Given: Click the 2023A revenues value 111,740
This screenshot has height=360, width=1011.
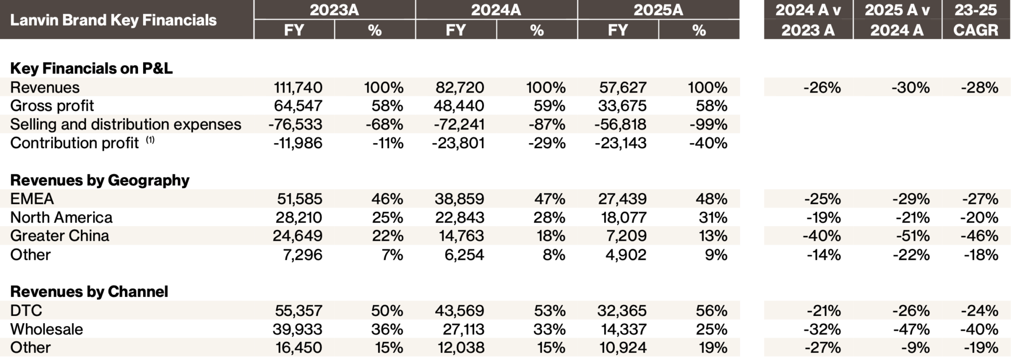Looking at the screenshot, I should click(298, 87).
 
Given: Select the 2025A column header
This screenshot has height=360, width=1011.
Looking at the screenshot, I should click(658, 10).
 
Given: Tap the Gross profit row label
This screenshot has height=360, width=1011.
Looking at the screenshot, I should click(52, 106).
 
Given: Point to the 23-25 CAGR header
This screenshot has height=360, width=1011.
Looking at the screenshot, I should click(975, 20).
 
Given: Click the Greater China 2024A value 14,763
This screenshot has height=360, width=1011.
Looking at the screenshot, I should click(459, 236).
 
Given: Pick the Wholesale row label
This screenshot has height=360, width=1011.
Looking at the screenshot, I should click(47, 329).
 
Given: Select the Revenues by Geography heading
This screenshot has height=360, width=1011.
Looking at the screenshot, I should click(100, 180).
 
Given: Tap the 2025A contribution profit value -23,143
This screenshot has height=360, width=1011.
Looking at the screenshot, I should click(620, 143).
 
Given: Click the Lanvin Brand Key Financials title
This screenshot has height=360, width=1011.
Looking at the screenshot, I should click(113, 20).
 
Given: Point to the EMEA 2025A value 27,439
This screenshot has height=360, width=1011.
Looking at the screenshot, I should click(622, 199).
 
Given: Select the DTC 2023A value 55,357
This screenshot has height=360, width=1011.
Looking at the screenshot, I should click(298, 310).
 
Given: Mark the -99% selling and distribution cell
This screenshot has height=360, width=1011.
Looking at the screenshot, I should click(708, 124).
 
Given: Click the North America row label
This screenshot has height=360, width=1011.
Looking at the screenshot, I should click(61, 217).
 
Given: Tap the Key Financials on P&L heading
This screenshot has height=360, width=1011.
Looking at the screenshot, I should click(91, 68).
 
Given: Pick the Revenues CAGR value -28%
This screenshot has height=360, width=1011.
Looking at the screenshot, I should click(979, 87).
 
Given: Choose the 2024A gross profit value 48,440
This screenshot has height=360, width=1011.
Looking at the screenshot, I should click(459, 106).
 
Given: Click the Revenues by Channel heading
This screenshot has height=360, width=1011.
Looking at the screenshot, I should click(89, 292).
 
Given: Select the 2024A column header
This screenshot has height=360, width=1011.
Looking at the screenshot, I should click(496, 10).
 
